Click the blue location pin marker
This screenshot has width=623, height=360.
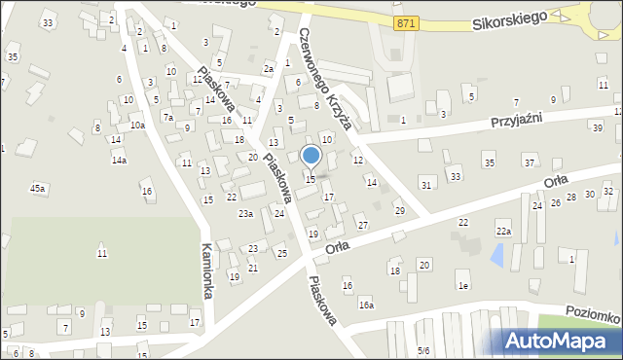coord(311,157)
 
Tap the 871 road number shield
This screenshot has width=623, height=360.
coord(407,22)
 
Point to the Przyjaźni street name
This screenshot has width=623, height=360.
coord(516,117)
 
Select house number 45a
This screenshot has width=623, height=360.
coord(37,188)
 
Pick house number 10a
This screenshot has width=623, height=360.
coord(137,125)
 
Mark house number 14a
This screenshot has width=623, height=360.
coord(119,160)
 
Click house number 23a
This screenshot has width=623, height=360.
coord(246,214)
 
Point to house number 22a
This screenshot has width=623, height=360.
coord(503,231)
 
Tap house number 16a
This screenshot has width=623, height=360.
coord(365,305)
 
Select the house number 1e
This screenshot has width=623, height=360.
coord(464,285)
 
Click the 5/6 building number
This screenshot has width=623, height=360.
coord(422,350)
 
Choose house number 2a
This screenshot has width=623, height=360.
coord(269,69)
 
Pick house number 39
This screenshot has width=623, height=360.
coord(596,127)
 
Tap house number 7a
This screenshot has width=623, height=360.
coord(167,117)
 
